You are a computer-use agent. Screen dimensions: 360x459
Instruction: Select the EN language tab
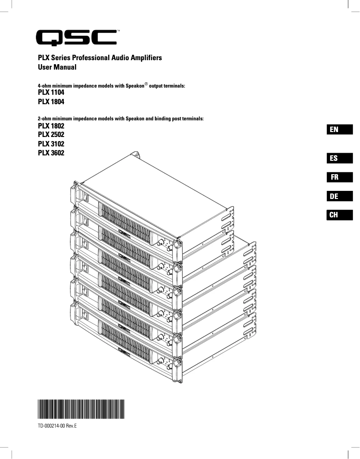point(339,130)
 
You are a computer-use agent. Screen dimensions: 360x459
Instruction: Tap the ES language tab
point(339,158)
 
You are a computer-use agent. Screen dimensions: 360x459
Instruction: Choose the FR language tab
point(339,177)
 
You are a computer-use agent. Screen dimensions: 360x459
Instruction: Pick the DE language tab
point(339,196)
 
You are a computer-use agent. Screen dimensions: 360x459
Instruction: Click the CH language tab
point(339,215)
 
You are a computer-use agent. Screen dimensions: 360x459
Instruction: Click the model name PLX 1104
point(51,93)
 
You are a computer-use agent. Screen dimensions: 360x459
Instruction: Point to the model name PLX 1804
point(51,102)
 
